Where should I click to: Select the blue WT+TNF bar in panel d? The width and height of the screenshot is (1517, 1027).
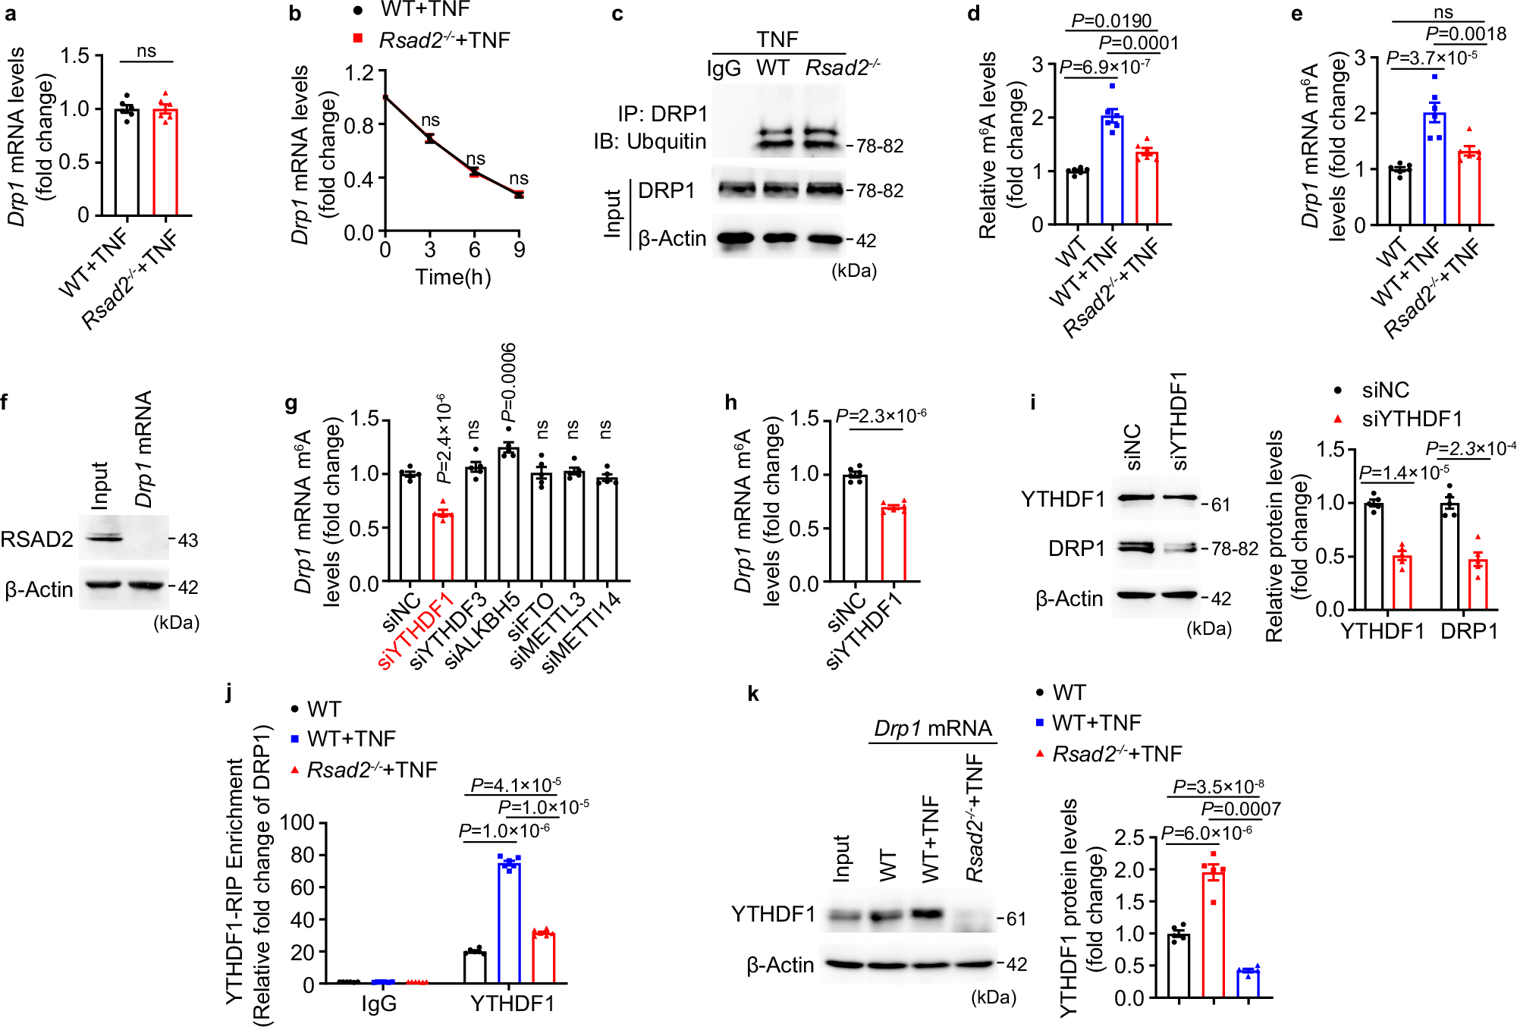[1112, 171]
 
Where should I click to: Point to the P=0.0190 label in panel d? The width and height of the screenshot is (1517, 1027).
[1111, 20]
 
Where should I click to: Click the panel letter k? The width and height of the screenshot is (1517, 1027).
[753, 694]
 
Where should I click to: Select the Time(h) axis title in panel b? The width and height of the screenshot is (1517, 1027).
[453, 278]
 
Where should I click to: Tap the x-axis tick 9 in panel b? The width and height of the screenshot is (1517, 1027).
[519, 250]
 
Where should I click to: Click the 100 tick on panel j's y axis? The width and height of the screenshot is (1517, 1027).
[297, 823]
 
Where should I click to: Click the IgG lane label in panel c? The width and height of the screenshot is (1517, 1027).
[724, 69]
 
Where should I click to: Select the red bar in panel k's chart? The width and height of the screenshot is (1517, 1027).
[1214, 934]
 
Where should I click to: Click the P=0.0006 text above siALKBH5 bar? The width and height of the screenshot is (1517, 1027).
[509, 382]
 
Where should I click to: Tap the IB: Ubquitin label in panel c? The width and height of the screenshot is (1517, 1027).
[650, 142]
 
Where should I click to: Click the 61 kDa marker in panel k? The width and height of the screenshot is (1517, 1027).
[1016, 919]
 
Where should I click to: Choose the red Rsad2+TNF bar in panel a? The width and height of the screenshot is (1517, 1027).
[165, 163]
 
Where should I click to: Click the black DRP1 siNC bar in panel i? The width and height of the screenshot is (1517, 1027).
[1449, 556]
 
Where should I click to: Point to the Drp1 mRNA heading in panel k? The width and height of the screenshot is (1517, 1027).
[932, 729]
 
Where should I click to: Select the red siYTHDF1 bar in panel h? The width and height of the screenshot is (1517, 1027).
[894, 545]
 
